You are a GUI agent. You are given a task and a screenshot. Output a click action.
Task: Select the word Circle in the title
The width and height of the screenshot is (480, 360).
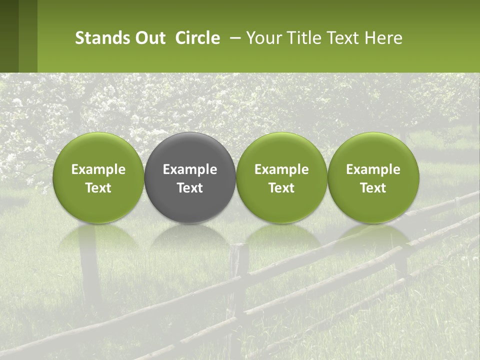(x=197, y=38)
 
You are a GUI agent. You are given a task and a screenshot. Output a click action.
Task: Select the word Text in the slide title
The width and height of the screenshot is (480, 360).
(x=341, y=38)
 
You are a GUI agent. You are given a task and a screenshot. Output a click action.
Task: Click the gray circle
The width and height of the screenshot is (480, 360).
(x=190, y=177)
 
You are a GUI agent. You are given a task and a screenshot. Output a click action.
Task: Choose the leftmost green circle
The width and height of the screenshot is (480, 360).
(x=98, y=177)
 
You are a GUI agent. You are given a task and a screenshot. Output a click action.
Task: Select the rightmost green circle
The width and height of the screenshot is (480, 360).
(x=373, y=177)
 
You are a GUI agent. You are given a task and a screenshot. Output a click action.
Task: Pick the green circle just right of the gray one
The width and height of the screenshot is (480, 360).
(x=281, y=177)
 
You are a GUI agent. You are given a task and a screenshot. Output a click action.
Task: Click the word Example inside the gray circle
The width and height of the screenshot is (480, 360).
(x=190, y=169)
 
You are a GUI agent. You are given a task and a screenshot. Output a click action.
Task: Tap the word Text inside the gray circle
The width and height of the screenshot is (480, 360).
(x=190, y=188)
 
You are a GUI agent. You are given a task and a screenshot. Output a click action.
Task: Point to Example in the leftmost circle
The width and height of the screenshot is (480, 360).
(x=98, y=169)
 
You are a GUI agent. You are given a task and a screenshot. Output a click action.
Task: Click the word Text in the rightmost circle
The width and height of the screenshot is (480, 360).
(x=373, y=188)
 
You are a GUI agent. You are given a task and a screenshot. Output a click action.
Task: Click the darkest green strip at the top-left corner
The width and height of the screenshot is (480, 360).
(x=9, y=36)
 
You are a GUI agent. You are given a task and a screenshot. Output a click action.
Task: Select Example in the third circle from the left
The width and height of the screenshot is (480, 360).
(x=281, y=169)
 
